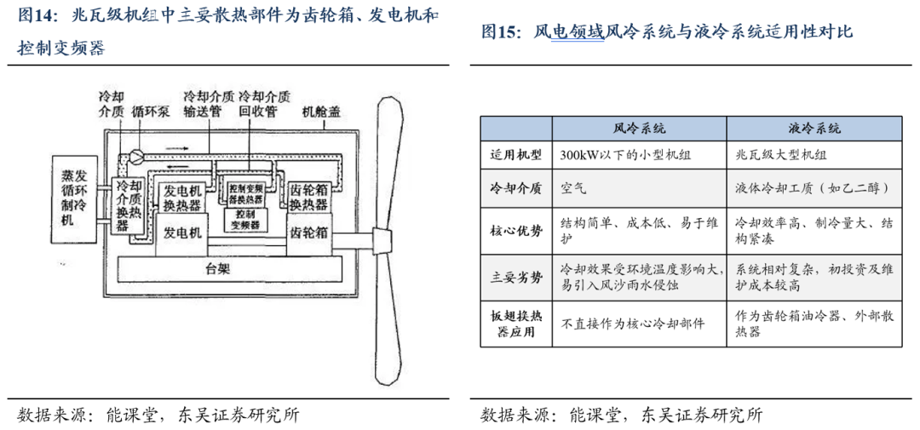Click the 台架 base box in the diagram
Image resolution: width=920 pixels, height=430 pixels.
pos(219,269)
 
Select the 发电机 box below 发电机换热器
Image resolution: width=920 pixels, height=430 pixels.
pos(183,232)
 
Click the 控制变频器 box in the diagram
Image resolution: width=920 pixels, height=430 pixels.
pos(242,219)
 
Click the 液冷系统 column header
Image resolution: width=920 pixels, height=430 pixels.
pos(814,129)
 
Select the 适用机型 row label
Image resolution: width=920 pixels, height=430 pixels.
pos(515,156)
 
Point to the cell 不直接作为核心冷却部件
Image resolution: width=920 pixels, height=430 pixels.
pos(633,324)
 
